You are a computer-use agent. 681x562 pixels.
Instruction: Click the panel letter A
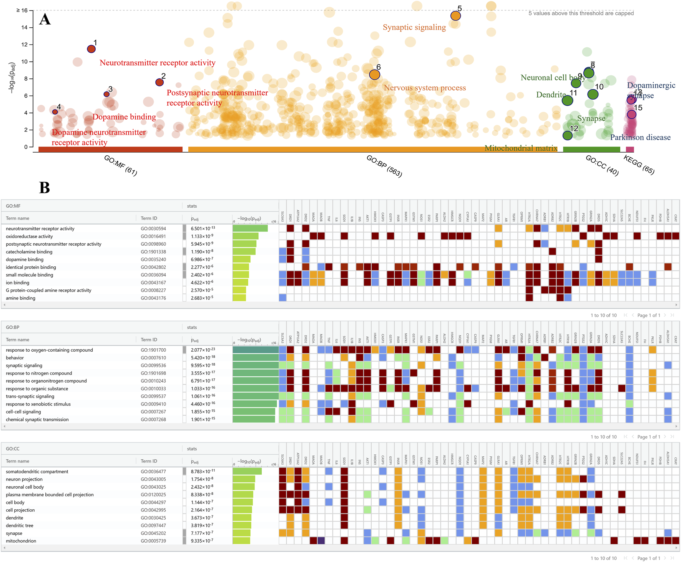click(x=45, y=19)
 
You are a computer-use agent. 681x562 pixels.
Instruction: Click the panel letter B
click(x=45, y=188)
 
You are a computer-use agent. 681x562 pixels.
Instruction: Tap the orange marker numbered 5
click(x=455, y=16)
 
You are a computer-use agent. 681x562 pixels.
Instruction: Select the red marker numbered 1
click(x=91, y=49)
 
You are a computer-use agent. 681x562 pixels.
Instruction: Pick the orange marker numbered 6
click(x=374, y=75)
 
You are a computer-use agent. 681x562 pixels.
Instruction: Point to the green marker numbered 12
click(x=567, y=135)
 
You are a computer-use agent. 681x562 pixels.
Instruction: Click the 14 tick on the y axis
click(x=24, y=27)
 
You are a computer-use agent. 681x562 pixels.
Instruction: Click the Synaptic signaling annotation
click(x=414, y=27)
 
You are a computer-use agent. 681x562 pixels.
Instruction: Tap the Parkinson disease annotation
click(x=640, y=137)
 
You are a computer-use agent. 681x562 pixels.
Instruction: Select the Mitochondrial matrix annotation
click(x=521, y=148)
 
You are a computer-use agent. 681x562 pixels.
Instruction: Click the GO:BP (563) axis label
click(x=384, y=166)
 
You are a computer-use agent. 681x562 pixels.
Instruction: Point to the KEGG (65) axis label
click(x=639, y=165)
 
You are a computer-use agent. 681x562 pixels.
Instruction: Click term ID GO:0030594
click(x=153, y=229)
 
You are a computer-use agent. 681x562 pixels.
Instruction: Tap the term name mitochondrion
click(x=21, y=541)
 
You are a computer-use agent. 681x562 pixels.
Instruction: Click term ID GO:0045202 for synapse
click(x=153, y=533)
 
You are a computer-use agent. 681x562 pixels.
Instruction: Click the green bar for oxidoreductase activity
click(x=245, y=236)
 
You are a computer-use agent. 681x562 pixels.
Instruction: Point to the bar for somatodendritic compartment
click(x=247, y=472)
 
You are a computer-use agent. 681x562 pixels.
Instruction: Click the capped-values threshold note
click(x=581, y=13)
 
